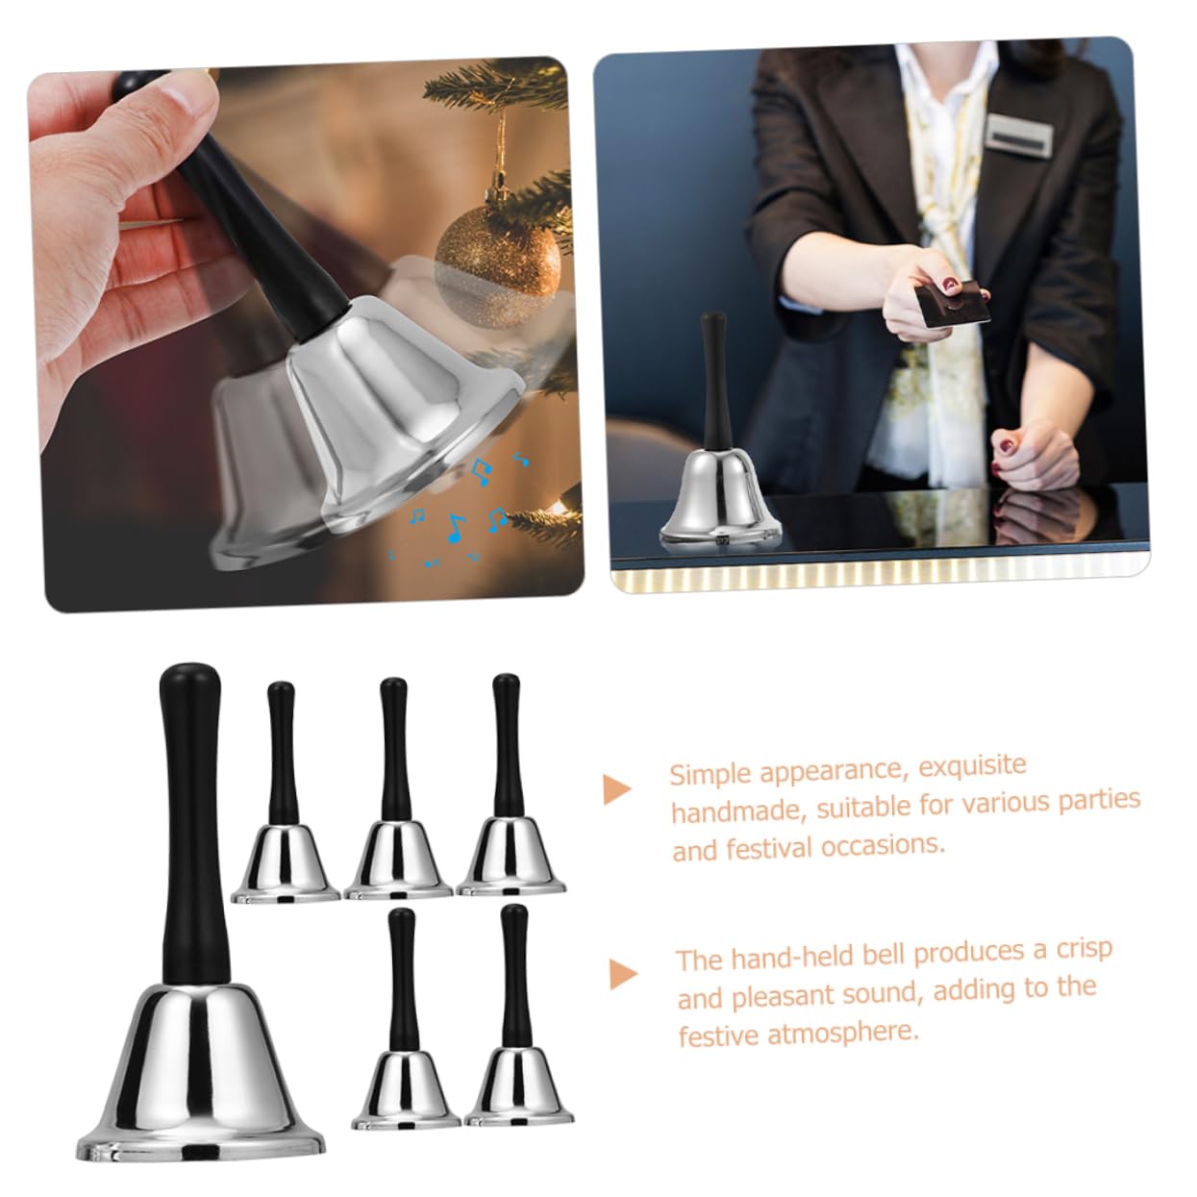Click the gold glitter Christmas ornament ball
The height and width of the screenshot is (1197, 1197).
click(497, 267)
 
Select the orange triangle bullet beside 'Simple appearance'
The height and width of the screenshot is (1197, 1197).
click(617, 789)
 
